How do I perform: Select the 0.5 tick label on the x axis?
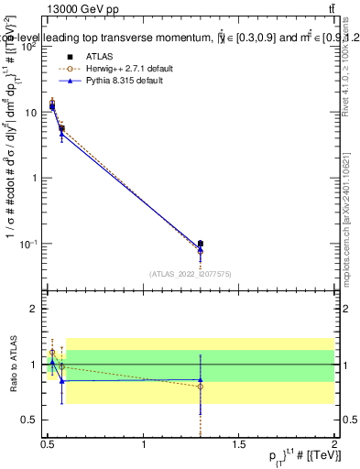point(48,443)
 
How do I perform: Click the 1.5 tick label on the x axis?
point(239,443)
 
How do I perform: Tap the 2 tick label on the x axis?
point(334,443)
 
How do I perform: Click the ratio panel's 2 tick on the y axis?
point(34,310)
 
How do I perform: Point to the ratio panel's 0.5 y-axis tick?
point(29,420)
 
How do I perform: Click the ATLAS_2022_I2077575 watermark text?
point(191,273)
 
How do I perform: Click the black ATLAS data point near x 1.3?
point(201,244)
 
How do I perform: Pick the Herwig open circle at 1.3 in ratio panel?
point(201,387)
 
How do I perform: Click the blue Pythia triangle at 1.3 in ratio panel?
point(201,380)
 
